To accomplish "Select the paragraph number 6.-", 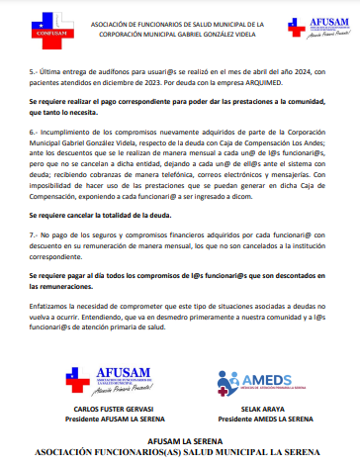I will pyautogui.click(x=35, y=130).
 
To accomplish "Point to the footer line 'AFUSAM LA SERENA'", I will pyautogui.click(x=180, y=436).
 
